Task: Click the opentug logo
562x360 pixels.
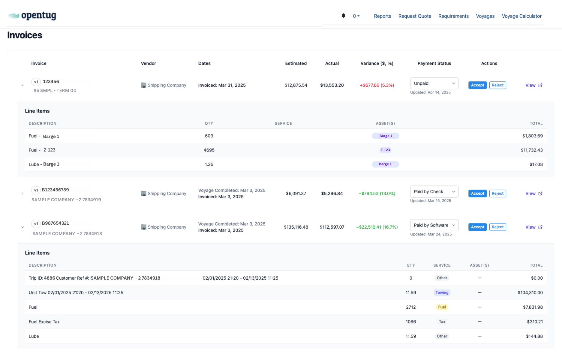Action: point(32,16)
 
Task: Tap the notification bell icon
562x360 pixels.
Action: point(343,16)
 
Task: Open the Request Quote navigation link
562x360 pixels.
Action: point(414,16)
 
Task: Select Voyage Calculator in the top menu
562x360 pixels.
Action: point(521,16)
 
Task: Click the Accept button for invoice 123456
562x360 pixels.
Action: point(477,85)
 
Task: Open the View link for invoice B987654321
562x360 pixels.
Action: point(533,227)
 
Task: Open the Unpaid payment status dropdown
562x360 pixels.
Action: point(434,83)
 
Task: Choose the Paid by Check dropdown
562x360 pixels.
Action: point(434,192)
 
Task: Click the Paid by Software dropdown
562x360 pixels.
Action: point(434,225)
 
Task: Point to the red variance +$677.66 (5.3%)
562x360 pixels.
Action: point(377,85)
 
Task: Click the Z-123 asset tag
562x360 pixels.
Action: point(385,150)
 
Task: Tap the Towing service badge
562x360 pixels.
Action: point(442,292)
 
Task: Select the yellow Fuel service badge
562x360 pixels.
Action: point(442,307)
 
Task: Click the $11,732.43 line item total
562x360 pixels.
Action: point(531,150)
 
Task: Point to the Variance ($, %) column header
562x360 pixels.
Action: point(377,63)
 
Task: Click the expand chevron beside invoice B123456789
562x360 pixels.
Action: point(23,193)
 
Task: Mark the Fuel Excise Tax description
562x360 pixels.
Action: point(44,322)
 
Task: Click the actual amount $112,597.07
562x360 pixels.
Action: point(332,227)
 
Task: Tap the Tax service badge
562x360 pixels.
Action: point(442,322)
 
